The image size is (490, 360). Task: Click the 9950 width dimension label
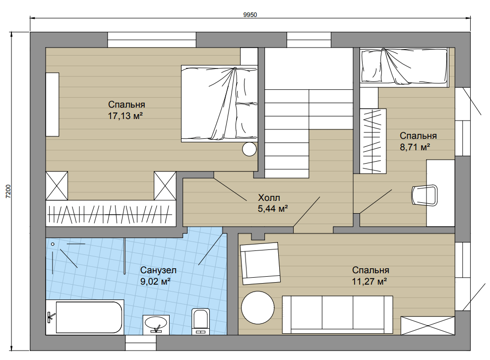point(250,15)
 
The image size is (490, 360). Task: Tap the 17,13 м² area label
point(125,116)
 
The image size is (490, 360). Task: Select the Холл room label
point(269,197)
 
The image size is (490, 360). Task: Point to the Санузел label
point(158,270)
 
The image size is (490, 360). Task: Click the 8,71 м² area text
point(415,147)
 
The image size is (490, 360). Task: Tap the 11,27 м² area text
point(369,281)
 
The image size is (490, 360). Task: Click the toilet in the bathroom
point(200,321)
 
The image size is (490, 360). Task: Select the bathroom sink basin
point(156,324)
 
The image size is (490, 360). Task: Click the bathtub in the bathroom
point(85,317)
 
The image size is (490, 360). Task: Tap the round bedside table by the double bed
point(249,149)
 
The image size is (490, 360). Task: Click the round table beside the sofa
point(258,307)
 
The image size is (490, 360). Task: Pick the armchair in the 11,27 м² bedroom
point(260,263)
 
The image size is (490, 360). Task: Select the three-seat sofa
point(338,314)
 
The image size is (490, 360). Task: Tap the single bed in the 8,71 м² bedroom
point(404,67)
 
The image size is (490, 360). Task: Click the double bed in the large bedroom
point(219,104)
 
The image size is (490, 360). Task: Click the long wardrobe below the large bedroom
point(111,213)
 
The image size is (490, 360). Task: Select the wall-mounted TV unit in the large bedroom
point(53,104)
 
